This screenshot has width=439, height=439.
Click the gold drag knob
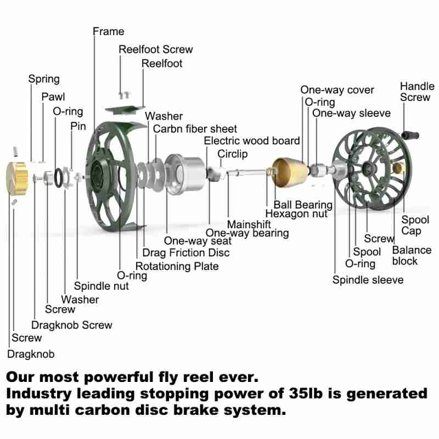click(17, 175)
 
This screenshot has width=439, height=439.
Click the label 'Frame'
click(108, 31)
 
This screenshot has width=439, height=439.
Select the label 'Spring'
click(44, 79)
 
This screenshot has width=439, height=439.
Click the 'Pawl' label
click(53, 97)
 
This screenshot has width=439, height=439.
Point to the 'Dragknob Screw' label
click(72, 325)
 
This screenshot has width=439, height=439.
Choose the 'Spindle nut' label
click(102, 286)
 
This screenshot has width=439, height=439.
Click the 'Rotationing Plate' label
click(177, 266)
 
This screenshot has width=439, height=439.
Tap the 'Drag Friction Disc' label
click(186, 252)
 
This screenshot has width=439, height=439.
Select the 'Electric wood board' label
click(252, 141)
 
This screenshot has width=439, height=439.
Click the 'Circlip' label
click(233, 154)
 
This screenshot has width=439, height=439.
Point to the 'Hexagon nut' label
click(296, 214)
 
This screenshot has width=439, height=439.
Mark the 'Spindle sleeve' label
click(368, 280)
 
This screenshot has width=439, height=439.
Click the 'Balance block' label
click(412, 255)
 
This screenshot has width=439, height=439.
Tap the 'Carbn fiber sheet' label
click(195, 129)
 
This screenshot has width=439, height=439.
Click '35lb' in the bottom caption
click(317, 393)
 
